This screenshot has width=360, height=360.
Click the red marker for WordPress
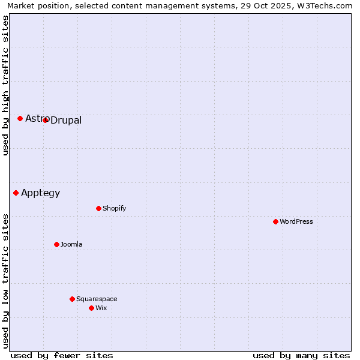[275, 221]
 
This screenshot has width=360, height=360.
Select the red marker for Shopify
[98, 208]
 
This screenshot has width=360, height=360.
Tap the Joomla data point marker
[56, 244]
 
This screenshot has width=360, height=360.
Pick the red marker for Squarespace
[72, 299]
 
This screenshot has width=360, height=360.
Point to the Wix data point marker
[91, 308]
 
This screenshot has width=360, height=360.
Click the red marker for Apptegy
[16, 193]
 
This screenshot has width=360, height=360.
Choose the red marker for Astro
[20, 118]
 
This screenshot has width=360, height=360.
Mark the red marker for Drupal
[45, 120]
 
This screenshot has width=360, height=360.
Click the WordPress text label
[296, 221]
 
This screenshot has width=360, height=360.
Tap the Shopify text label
[114, 208]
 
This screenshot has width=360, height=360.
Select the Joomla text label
[71, 244]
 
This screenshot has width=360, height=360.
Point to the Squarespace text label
[97, 299]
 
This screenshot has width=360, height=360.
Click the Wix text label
[101, 308]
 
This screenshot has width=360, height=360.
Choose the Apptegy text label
[40, 193]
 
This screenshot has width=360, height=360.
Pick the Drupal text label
[66, 121]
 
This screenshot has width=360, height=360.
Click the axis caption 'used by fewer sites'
[62, 355]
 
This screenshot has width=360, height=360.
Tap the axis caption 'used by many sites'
[301, 355]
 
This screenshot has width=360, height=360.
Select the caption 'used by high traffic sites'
[5, 85]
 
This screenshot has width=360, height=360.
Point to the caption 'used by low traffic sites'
[5, 281]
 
